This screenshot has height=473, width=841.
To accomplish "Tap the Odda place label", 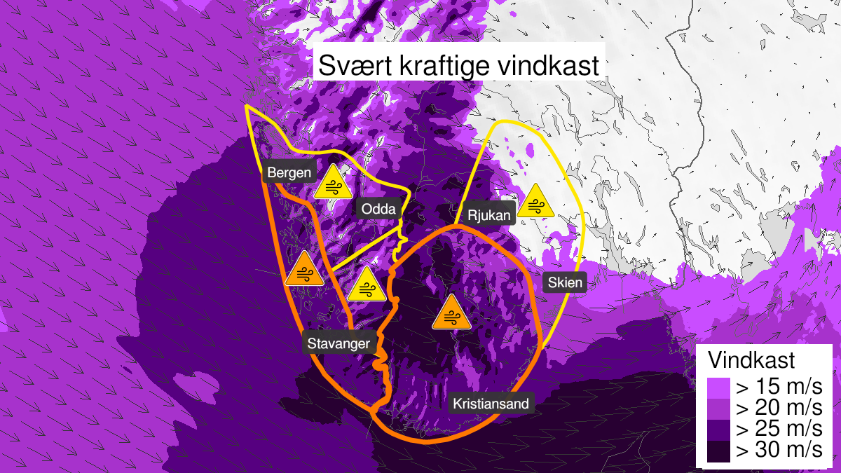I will (379, 208).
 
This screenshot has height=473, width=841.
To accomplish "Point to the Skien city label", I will (563, 283).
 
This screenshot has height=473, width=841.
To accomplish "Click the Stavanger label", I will (338, 343).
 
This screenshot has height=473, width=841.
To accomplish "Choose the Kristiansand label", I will (491, 404).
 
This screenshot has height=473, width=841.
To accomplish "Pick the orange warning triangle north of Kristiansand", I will (450, 313).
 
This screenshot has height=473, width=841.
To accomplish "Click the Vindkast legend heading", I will (752, 360).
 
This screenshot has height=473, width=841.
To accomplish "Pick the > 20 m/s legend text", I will (777, 407).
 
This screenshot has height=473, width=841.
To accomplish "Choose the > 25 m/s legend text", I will (777, 429).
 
